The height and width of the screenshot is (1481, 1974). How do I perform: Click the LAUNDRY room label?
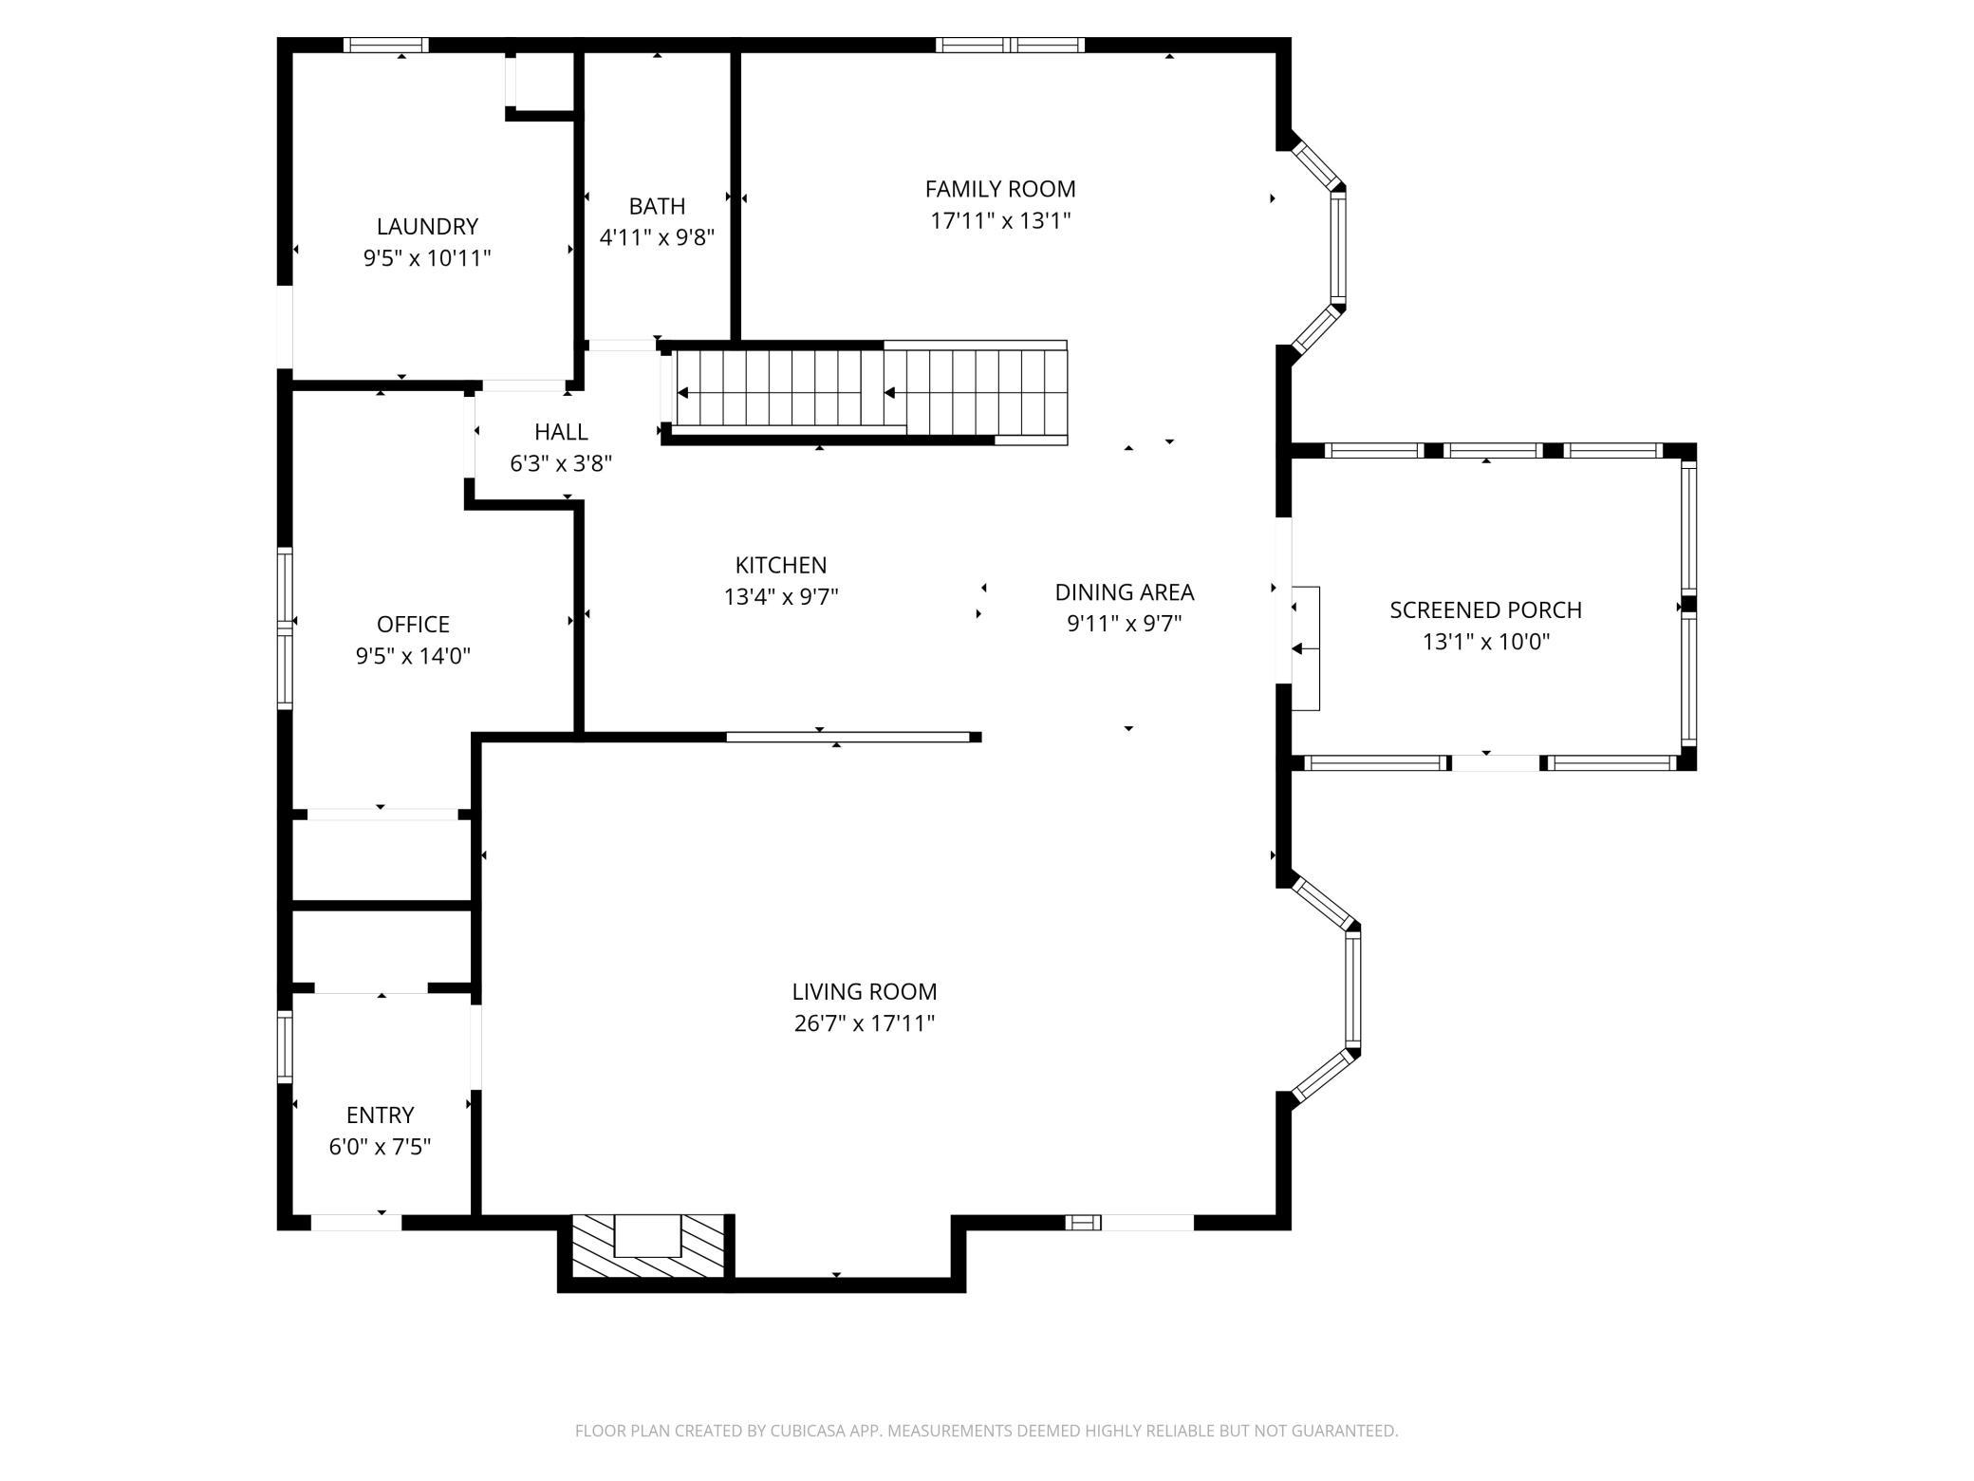pos(427,227)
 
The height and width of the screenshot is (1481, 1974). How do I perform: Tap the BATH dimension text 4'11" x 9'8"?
pos(657,237)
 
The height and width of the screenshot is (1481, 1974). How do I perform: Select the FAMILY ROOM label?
pos(1000,189)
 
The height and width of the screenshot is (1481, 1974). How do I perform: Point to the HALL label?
pos(561,432)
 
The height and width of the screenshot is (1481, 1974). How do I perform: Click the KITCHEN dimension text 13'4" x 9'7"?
pos(781,597)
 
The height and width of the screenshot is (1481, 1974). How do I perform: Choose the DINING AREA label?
pos(1125,592)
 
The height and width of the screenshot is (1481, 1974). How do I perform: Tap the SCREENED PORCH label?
pos(1485,610)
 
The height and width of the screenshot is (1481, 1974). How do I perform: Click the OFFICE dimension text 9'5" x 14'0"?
pos(413,656)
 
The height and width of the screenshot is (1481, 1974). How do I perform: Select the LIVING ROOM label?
pos(865,992)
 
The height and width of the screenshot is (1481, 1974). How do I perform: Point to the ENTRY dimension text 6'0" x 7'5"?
pos(380,1147)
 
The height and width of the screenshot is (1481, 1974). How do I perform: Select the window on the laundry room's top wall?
pos(386,45)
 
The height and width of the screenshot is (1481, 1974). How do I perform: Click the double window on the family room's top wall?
pos(1010,45)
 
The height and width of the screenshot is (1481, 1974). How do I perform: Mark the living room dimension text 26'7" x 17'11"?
pos(865,1023)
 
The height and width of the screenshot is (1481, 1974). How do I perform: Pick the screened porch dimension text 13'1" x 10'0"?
pos(1485,642)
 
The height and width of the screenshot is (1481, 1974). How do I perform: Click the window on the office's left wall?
pos(285,628)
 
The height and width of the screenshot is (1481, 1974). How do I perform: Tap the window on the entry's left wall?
pos(285,1046)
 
